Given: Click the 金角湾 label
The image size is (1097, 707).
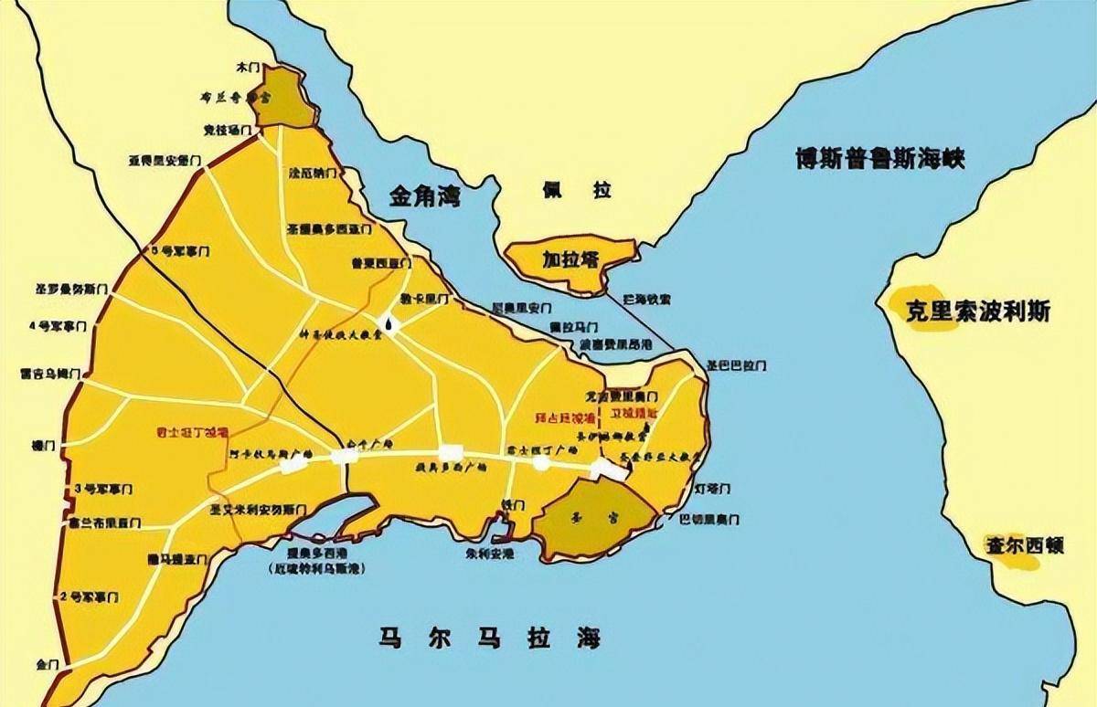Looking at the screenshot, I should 425,195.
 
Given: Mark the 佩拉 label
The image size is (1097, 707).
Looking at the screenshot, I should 577,190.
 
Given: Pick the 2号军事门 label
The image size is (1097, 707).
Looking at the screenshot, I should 89,597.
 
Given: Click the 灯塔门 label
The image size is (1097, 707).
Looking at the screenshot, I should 712,490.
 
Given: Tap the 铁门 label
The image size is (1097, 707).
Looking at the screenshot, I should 512,505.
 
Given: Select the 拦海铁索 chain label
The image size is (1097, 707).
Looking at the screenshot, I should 646,299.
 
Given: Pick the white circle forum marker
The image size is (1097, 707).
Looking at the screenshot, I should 541,463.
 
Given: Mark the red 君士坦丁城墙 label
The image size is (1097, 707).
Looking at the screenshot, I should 190,429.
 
